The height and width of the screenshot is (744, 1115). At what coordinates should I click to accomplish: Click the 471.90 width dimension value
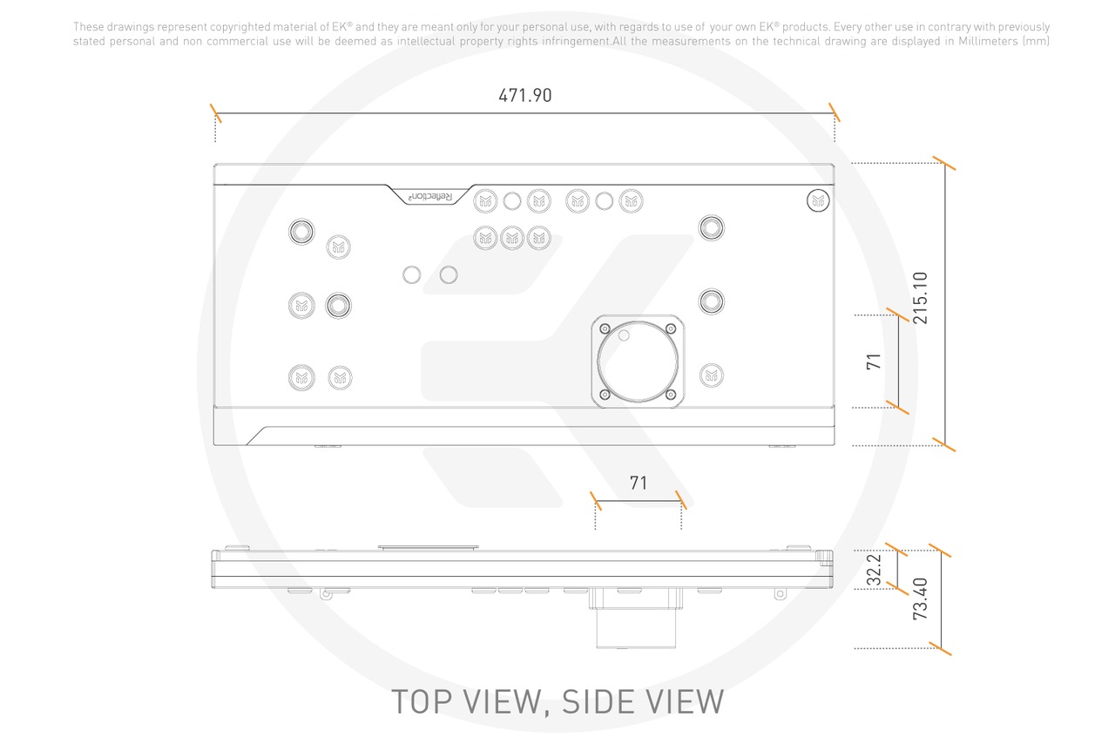pos(525,95)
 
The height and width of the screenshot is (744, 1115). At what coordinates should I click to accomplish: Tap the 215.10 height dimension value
pos(921,298)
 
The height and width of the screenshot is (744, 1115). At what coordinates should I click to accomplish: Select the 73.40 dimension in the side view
pos(921,599)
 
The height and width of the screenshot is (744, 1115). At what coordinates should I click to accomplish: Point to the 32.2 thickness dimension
pos(874,570)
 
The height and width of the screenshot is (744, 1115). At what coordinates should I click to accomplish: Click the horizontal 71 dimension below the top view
pos(639,483)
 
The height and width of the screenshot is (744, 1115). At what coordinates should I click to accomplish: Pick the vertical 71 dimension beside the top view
pos(874,362)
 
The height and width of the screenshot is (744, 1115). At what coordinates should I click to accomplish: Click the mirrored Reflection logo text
pos(430,197)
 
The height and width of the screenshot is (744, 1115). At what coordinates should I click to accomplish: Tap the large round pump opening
pos(638,361)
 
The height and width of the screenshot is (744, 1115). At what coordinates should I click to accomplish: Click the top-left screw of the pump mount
pos(605,328)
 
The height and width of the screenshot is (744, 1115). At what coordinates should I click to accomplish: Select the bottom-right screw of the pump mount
pos(671,395)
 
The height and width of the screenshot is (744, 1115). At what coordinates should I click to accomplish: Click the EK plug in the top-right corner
pos(818,200)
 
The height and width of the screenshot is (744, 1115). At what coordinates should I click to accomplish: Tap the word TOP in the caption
pos(422,701)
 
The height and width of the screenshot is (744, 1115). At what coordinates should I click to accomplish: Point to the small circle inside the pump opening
pos(624,335)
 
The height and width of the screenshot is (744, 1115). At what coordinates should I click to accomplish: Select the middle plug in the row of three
pos(512,238)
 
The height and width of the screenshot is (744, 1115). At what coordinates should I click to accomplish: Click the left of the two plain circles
pos(412,274)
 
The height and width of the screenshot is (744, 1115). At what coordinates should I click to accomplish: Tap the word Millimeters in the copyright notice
pos(988,41)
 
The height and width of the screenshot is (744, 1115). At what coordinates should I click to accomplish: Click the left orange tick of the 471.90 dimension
pos(215,113)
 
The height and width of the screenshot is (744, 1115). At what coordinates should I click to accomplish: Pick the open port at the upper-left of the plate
pos(301,232)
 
